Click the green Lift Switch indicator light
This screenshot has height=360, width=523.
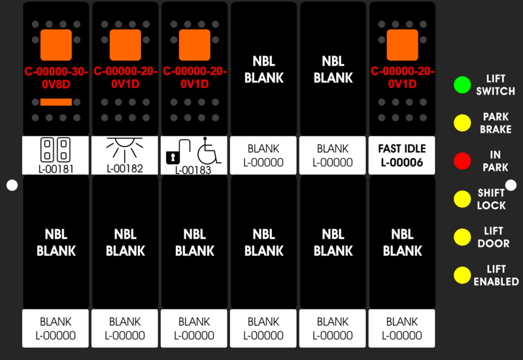[x=462, y=85]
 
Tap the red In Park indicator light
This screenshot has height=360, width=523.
[x=462, y=161]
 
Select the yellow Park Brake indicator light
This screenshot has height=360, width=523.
[x=462, y=123]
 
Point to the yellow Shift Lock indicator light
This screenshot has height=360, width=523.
[x=462, y=199]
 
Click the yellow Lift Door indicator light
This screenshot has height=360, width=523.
[x=462, y=237]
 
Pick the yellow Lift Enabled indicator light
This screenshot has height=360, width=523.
[x=462, y=275]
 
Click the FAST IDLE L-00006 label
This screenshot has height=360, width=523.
[x=402, y=155]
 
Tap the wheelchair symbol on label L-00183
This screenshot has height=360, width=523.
[x=209, y=150]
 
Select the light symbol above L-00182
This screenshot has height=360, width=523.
[x=125, y=150]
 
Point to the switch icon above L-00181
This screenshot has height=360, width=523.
[x=56, y=150]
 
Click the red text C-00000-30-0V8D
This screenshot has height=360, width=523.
[x=56, y=78]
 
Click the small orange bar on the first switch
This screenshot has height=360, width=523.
[x=56, y=102]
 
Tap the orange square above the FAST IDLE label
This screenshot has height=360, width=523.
[x=402, y=45]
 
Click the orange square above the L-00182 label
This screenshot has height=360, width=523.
[x=126, y=45]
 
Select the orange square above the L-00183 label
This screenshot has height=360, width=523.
[x=195, y=45]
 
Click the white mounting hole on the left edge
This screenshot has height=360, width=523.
[x=12, y=186]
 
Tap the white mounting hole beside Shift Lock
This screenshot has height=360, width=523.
[x=511, y=186]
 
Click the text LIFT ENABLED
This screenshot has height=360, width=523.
[x=496, y=275]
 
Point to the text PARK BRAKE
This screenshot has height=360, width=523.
[x=496, y=123]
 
